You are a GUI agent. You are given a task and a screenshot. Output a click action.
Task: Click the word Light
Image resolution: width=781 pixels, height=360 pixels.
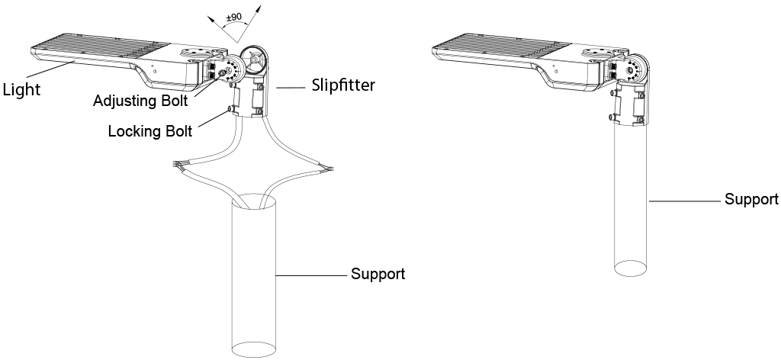coord(21,89)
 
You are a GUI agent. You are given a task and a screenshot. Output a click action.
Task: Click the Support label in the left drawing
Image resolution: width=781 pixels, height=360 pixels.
coord(378,274)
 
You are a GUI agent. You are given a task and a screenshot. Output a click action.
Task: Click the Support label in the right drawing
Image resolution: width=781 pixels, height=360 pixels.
coord(751,200)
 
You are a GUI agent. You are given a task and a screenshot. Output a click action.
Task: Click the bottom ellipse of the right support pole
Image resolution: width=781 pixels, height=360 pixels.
coord(632,268)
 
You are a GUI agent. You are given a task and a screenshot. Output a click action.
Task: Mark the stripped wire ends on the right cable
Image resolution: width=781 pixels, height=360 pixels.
coord(328,167)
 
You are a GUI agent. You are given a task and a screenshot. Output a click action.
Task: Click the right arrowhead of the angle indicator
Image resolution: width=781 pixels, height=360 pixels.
coord(257,6)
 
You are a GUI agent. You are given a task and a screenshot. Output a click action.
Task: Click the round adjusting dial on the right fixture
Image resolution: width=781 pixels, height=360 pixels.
coord(630,71)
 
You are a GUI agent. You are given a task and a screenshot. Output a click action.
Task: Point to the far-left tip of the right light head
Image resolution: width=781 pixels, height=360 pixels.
coord(433,52)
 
